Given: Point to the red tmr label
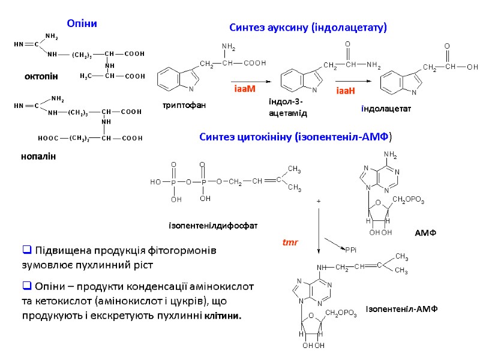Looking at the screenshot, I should pyautogui.click(x=290, y=243).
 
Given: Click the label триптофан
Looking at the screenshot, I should pyautogui.click(x=184, y=106).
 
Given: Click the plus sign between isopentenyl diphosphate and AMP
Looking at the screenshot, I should pyautogui.click(x=318, y=202).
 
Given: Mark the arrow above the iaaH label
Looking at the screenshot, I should pyautogui.click(x=355, y=81).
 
